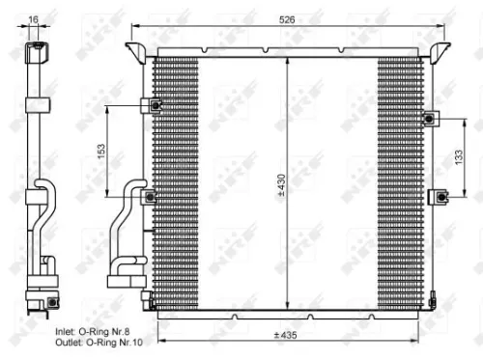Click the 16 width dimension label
click(x=35, y=19)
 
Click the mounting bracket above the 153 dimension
click(x=153, y=105)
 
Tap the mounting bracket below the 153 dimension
click(x=149, y=197)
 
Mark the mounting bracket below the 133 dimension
click(x=441, y=197)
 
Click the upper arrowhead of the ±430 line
click(x=288, y=61)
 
